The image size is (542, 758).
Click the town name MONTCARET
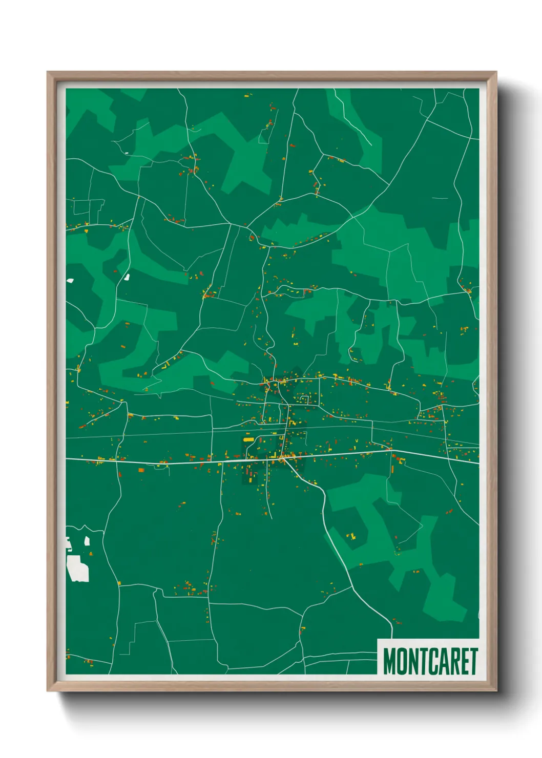point(430,661)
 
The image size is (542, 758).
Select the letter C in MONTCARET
point(426,661)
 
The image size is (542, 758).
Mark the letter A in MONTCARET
point(437,661)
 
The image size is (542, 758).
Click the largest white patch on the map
point(78,569)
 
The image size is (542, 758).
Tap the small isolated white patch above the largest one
point(87,540)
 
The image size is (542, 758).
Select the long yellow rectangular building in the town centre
point(249,439)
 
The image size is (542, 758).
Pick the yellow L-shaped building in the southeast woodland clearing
point(352,536)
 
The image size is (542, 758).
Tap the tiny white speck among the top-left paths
point(127,153)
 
